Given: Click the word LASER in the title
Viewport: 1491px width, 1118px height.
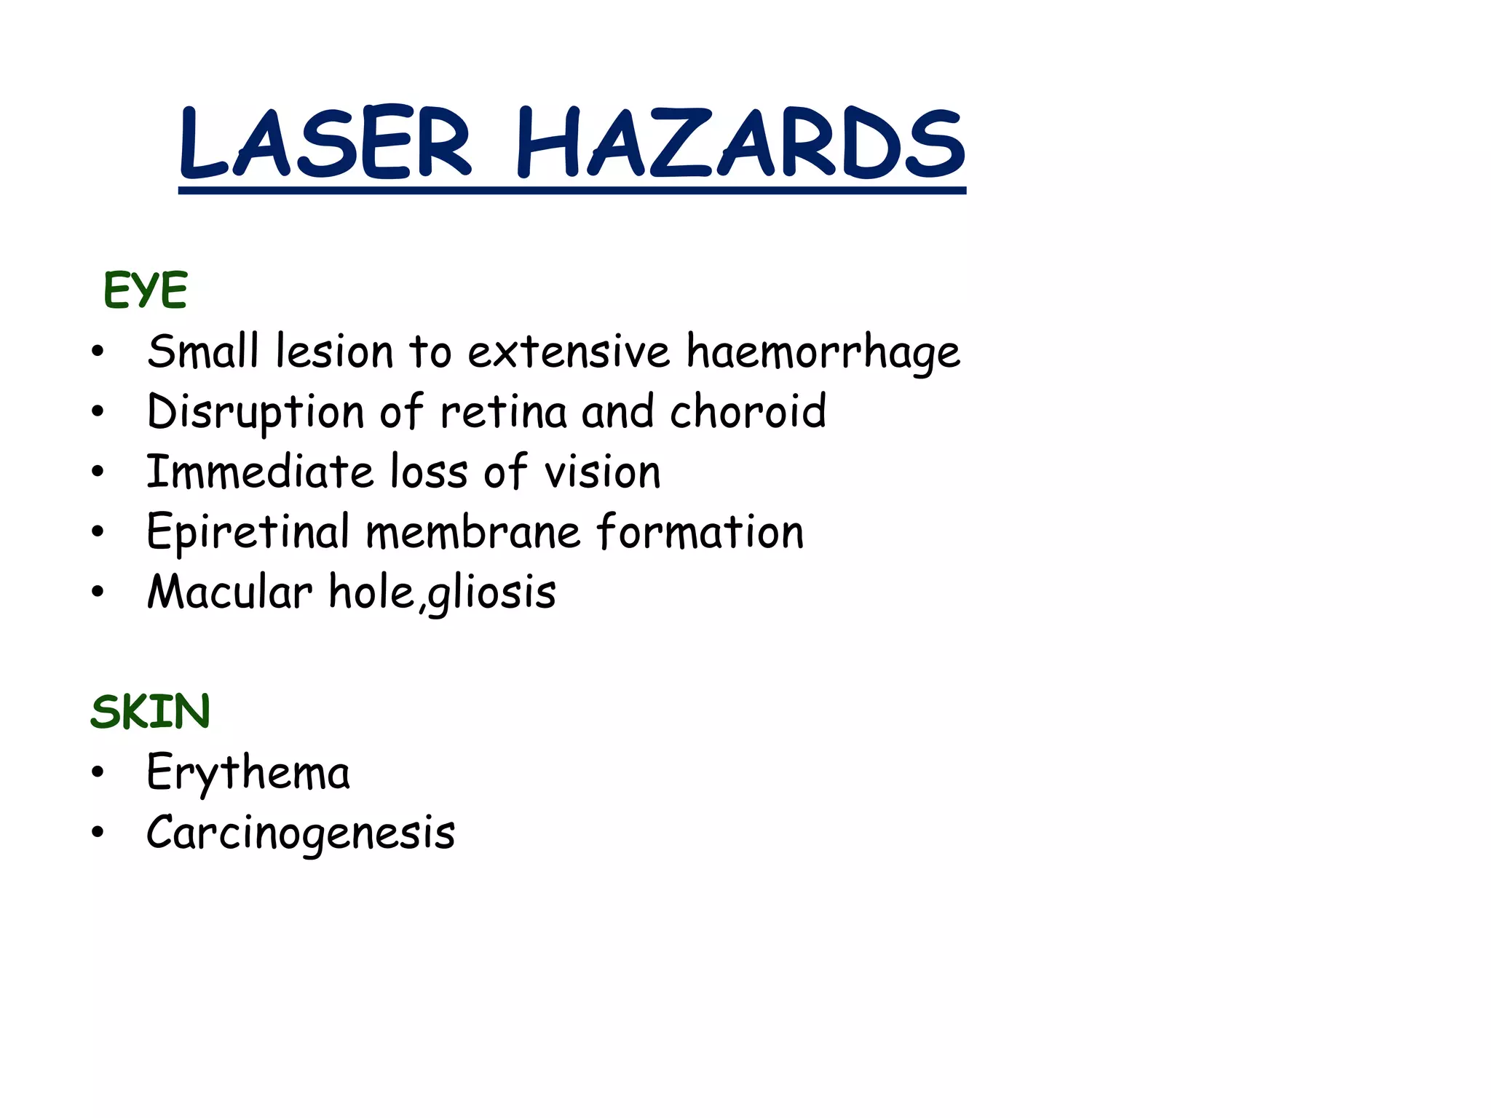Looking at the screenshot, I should pyautogui.click(x=325, y=143).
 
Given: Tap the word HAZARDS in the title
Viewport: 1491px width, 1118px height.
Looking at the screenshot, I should pyautogui.click(x=740, y=143).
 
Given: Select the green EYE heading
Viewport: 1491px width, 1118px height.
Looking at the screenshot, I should pyautogui.click(x=146, y=290).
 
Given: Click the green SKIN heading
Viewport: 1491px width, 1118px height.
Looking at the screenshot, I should pyautogui.click(x=151, y=711).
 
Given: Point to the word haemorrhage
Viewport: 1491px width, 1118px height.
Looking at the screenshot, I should pyautogui.click(x=823, y=352).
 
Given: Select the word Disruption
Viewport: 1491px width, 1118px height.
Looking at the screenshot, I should pyautogui.click(x=255, y=413).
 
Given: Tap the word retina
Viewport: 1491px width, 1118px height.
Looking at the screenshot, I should pyautogui.click(x=503, y=411).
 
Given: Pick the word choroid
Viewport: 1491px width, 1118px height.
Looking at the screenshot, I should pyautogui.click(x=748, y=411).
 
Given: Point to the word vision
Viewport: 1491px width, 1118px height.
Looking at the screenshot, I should pyautogui.click(x=603, y=472).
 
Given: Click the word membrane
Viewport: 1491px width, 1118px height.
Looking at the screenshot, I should pyautogui.click(x=473, y=532).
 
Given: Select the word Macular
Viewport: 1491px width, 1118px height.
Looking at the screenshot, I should pyautogui.click(x=230, y=592).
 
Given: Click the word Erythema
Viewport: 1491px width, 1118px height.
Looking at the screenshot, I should pyautogui.click(x=248, y=773).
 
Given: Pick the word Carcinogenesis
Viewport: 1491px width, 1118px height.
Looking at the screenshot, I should pyautogui.click(x=301, y=833).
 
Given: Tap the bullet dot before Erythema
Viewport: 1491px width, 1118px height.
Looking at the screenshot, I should pyautogui.click(x=98, y=772).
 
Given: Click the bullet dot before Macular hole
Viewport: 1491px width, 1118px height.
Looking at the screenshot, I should pyautogui.click(x=98, y=592).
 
